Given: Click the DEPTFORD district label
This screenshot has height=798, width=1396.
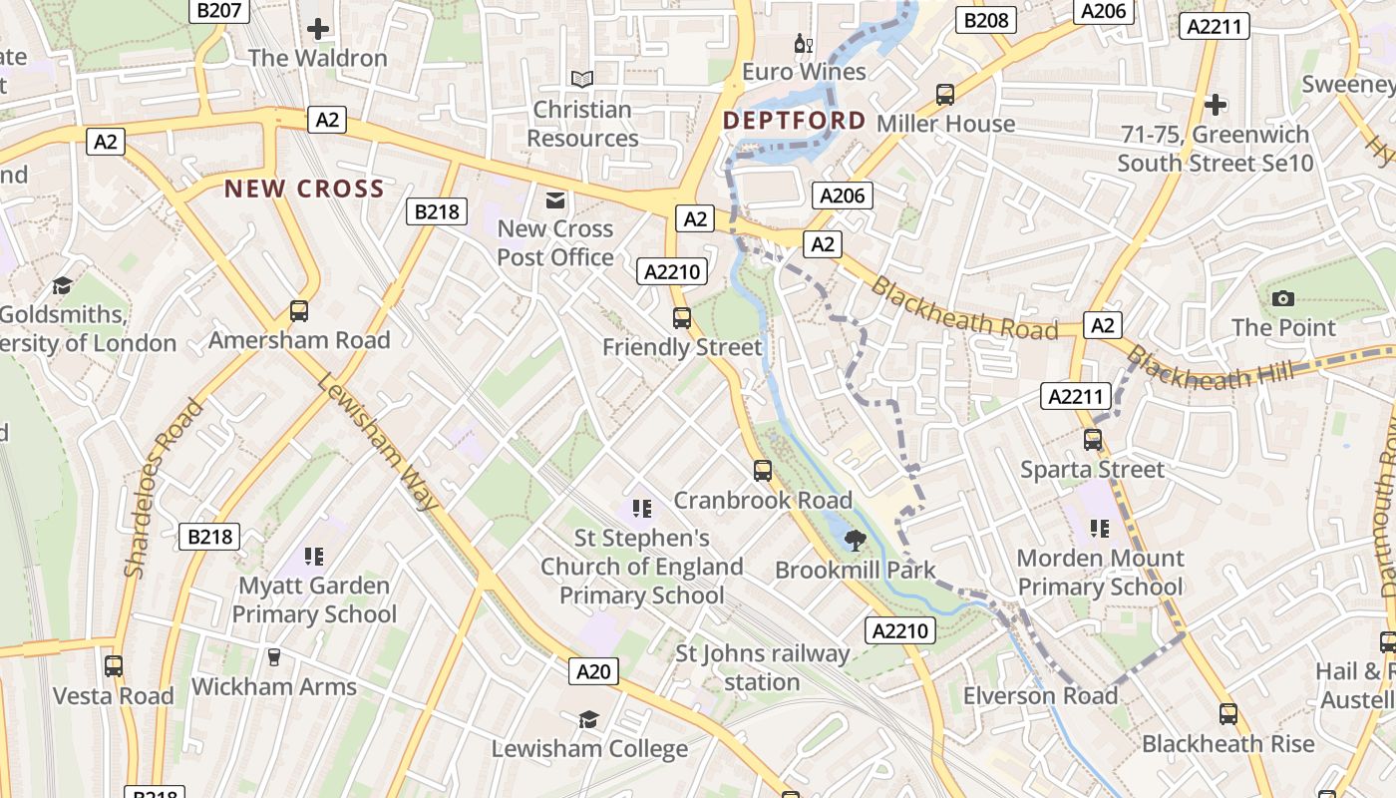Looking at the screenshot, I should coord(794,121).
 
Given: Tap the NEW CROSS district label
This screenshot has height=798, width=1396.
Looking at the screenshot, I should coord(304,189).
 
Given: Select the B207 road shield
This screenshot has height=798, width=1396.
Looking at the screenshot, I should coord(218,10).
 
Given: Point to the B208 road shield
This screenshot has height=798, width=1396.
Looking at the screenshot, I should coord(986,20).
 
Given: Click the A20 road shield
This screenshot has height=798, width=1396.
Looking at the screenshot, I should coord(593,671).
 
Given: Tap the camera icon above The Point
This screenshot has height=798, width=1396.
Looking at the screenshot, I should coord(1283,298).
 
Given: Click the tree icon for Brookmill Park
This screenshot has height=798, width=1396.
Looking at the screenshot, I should coord(855,541).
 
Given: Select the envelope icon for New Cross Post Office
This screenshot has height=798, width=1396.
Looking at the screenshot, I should coord(555,200).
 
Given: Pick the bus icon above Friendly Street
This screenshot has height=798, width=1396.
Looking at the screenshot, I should coord(682,318).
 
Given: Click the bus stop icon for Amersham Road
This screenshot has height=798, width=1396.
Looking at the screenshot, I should coord(299,311).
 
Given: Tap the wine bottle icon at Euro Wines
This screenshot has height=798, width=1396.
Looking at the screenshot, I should coord(803,44).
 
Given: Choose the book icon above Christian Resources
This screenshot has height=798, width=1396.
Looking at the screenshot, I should coord(582,79).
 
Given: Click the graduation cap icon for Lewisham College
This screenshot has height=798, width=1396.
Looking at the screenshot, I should coord(589,719).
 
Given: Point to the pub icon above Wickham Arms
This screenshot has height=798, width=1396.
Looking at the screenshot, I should coord(273,656).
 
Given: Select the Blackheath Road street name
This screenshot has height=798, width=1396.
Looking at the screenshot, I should coord(964,309).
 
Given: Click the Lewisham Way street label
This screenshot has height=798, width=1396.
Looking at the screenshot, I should coord(378,443).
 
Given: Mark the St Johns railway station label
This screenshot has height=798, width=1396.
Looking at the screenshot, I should coord(762,668).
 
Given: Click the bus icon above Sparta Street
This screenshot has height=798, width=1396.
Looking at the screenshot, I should coord(1093,440).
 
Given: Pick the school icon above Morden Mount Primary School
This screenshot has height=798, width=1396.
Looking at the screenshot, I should coord(1100,528).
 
